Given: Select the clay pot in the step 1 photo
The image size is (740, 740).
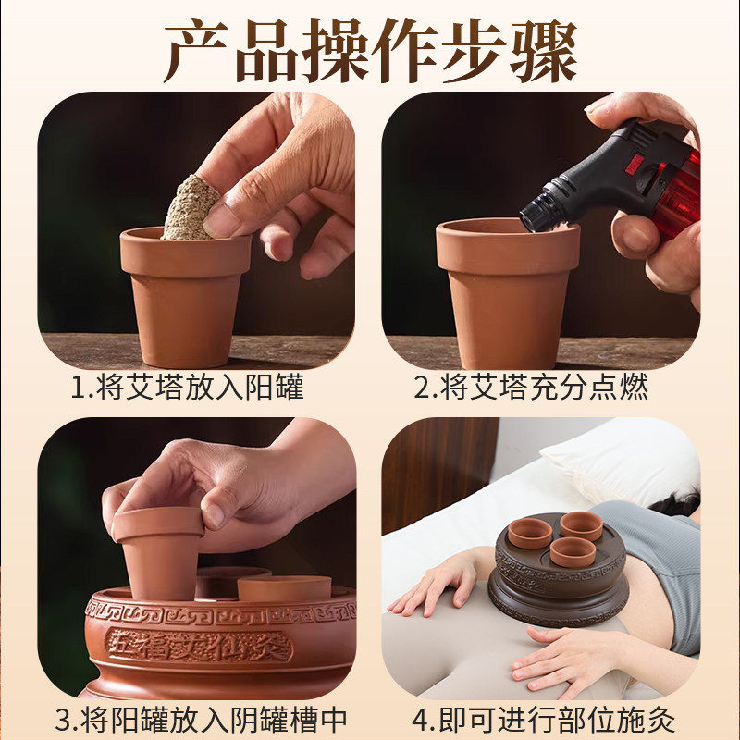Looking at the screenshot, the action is (x=186, y=297).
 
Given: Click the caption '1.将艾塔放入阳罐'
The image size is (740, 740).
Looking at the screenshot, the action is (x=188, y=387).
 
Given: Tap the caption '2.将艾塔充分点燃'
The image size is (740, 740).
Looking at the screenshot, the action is (x=531, y=387).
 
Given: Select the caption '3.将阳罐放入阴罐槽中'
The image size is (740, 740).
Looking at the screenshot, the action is (x=201, y=720).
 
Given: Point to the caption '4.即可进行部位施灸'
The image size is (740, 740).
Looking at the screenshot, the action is (x=543, y=720).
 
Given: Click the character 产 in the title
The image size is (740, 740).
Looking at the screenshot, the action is (x=197, y=51).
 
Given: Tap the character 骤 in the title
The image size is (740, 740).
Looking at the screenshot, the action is (x=543, y=51).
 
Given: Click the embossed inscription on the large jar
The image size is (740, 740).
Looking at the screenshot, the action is (x=198, y=645).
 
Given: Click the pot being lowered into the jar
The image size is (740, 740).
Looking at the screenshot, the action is (x=158, y=552).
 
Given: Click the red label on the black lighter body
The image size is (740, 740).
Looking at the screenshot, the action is (x=634, y=161).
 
